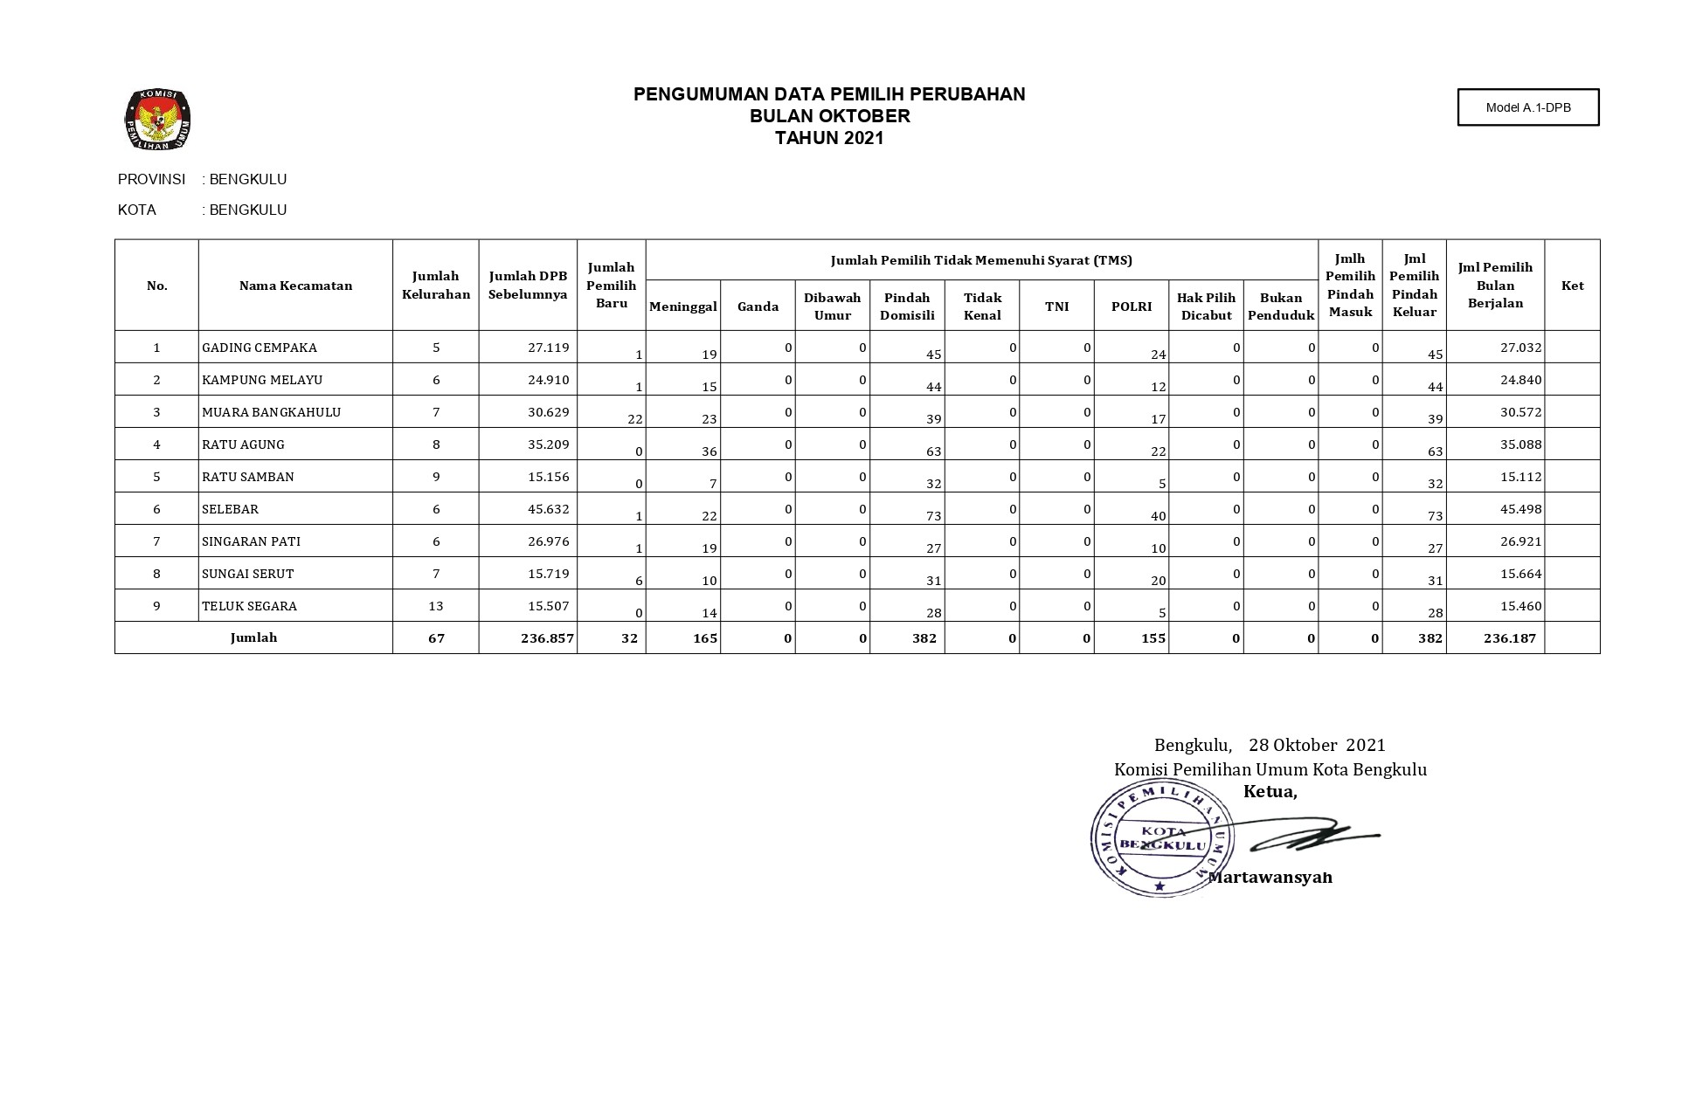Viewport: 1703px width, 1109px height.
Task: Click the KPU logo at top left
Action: [x=157, y=120]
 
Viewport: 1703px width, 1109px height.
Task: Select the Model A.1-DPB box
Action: [x=1527, y=107]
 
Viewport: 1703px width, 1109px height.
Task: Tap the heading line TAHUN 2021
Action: [x=829, y=138]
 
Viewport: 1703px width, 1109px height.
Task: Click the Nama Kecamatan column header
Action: [x=295, y=286]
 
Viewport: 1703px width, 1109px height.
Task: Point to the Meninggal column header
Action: [x=683, y=307]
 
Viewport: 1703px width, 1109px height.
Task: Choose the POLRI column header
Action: [x=1131, y=307]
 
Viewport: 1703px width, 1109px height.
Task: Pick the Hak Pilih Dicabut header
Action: [x=1206, y=307]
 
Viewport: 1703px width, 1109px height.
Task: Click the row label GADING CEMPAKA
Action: [x=260, y=348]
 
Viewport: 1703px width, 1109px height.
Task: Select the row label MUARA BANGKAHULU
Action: [x=271, y=412]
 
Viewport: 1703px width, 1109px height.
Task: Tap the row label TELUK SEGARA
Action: [x=249, y=606]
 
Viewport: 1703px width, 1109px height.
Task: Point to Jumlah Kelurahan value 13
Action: [x=436, y=606]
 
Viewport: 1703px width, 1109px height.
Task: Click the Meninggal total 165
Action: [x=704, y=638]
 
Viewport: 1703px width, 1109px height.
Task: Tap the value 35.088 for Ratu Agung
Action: [x=1520, y=444]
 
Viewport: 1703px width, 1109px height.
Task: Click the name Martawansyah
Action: [x=1271, y=878]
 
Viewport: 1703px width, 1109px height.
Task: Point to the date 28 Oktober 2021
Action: [x=1317, y=745]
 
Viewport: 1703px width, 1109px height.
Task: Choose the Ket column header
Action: [x=1572, y=286]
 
